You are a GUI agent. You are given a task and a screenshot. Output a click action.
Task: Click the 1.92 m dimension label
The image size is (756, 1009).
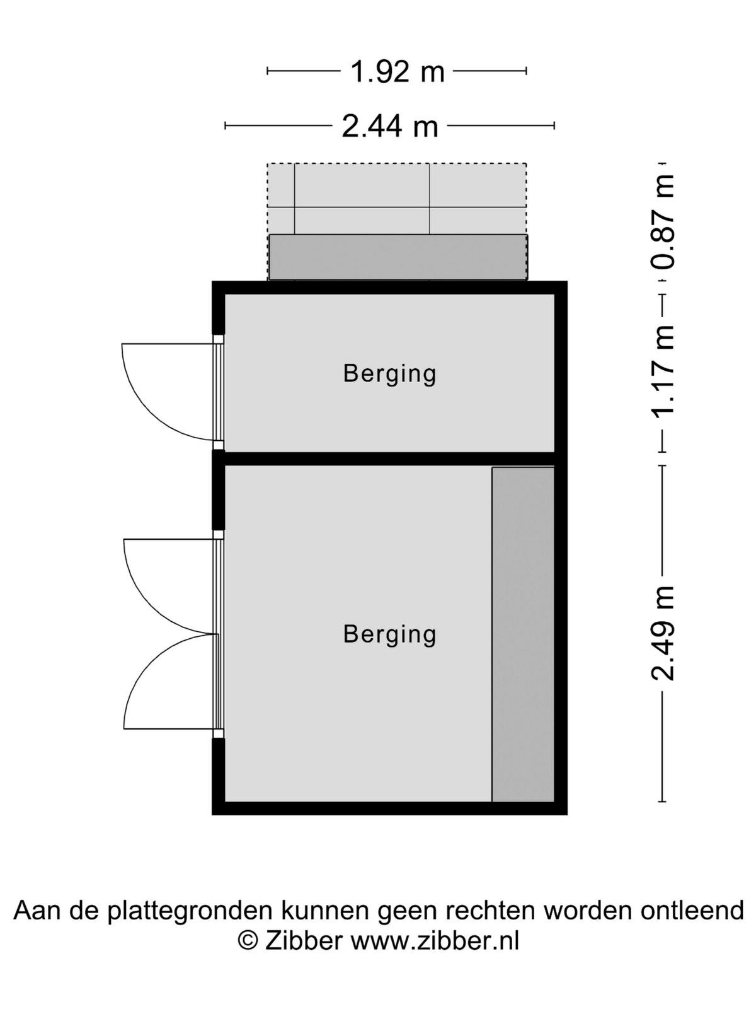[398, 72]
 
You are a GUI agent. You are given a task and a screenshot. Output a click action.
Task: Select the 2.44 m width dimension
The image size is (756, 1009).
[390, 126]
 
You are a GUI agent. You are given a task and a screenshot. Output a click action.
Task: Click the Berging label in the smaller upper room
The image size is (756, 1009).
[390, 374]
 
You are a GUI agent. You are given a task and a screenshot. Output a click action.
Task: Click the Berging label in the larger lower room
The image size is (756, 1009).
[390, 635]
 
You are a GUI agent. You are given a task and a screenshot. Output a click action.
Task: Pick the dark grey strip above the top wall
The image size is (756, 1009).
[398, 257]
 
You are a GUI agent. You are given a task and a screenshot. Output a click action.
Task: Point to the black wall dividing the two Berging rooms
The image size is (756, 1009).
[390, 458]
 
